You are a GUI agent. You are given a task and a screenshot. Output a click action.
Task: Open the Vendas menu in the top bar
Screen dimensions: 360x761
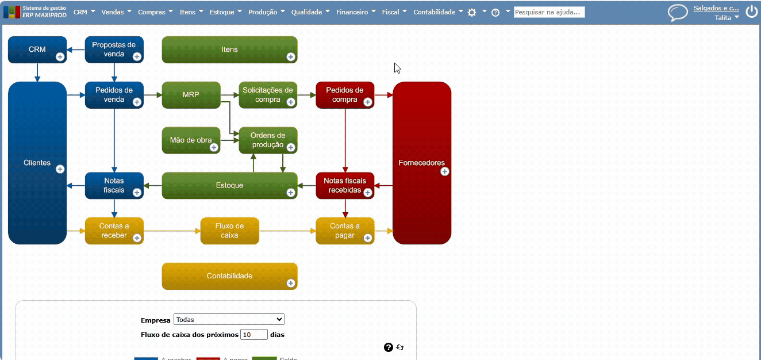[x=116, y=12]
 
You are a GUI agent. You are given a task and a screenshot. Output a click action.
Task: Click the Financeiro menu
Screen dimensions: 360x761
[x=356, y=12]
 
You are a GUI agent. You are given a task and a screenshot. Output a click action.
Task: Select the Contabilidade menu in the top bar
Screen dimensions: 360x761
[x=438, y=12]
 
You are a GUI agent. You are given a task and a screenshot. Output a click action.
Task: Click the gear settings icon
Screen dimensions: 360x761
[x=472, y=12]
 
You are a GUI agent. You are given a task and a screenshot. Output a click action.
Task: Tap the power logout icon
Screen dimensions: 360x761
[x=751, y=12]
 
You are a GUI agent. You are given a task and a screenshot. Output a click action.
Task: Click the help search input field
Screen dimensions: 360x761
[x=549, y=12]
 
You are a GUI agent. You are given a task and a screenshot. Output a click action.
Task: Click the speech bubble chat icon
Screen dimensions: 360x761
[x=678, y=13]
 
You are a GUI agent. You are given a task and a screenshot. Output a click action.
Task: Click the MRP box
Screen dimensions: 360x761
[x=191, y=95]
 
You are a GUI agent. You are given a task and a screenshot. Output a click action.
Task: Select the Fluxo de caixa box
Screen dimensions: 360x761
[x=229, y=231]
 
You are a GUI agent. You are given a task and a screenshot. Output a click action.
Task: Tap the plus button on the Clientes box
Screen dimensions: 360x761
[x=60, y=169]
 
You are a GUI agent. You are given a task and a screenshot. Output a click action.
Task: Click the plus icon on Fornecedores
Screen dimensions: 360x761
[x=444, y=171]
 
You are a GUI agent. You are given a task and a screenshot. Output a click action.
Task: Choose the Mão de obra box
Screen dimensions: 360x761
[x=190, y=140]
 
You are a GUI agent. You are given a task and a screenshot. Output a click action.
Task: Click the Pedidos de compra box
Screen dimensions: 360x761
[x=344, y=94]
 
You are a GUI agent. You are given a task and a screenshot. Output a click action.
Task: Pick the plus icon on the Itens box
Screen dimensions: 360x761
[x=290, y=56]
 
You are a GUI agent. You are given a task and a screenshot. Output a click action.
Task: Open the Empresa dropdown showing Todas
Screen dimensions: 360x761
[x=229, y=320]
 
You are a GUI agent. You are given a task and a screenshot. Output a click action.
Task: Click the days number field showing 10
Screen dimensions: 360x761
[x=254, y=335]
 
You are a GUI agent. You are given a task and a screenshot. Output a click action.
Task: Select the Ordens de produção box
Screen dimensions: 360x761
[x=267, y=140]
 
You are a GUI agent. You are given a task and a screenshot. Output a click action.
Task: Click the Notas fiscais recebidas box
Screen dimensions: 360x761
[x=344, y=185]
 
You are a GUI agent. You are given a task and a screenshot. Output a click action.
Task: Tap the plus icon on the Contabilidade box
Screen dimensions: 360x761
[x=290, y=283]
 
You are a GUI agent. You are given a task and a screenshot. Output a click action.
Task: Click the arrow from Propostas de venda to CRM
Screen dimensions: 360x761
[x=76, y=50]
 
